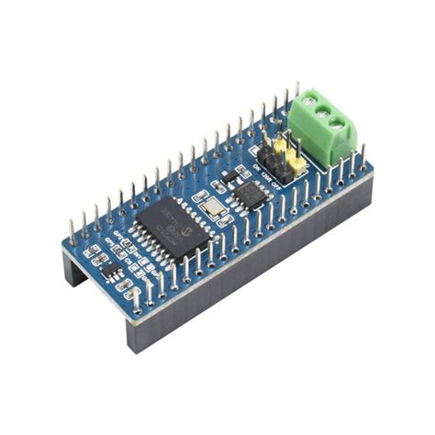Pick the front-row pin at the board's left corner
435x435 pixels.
tap(138, 297)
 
